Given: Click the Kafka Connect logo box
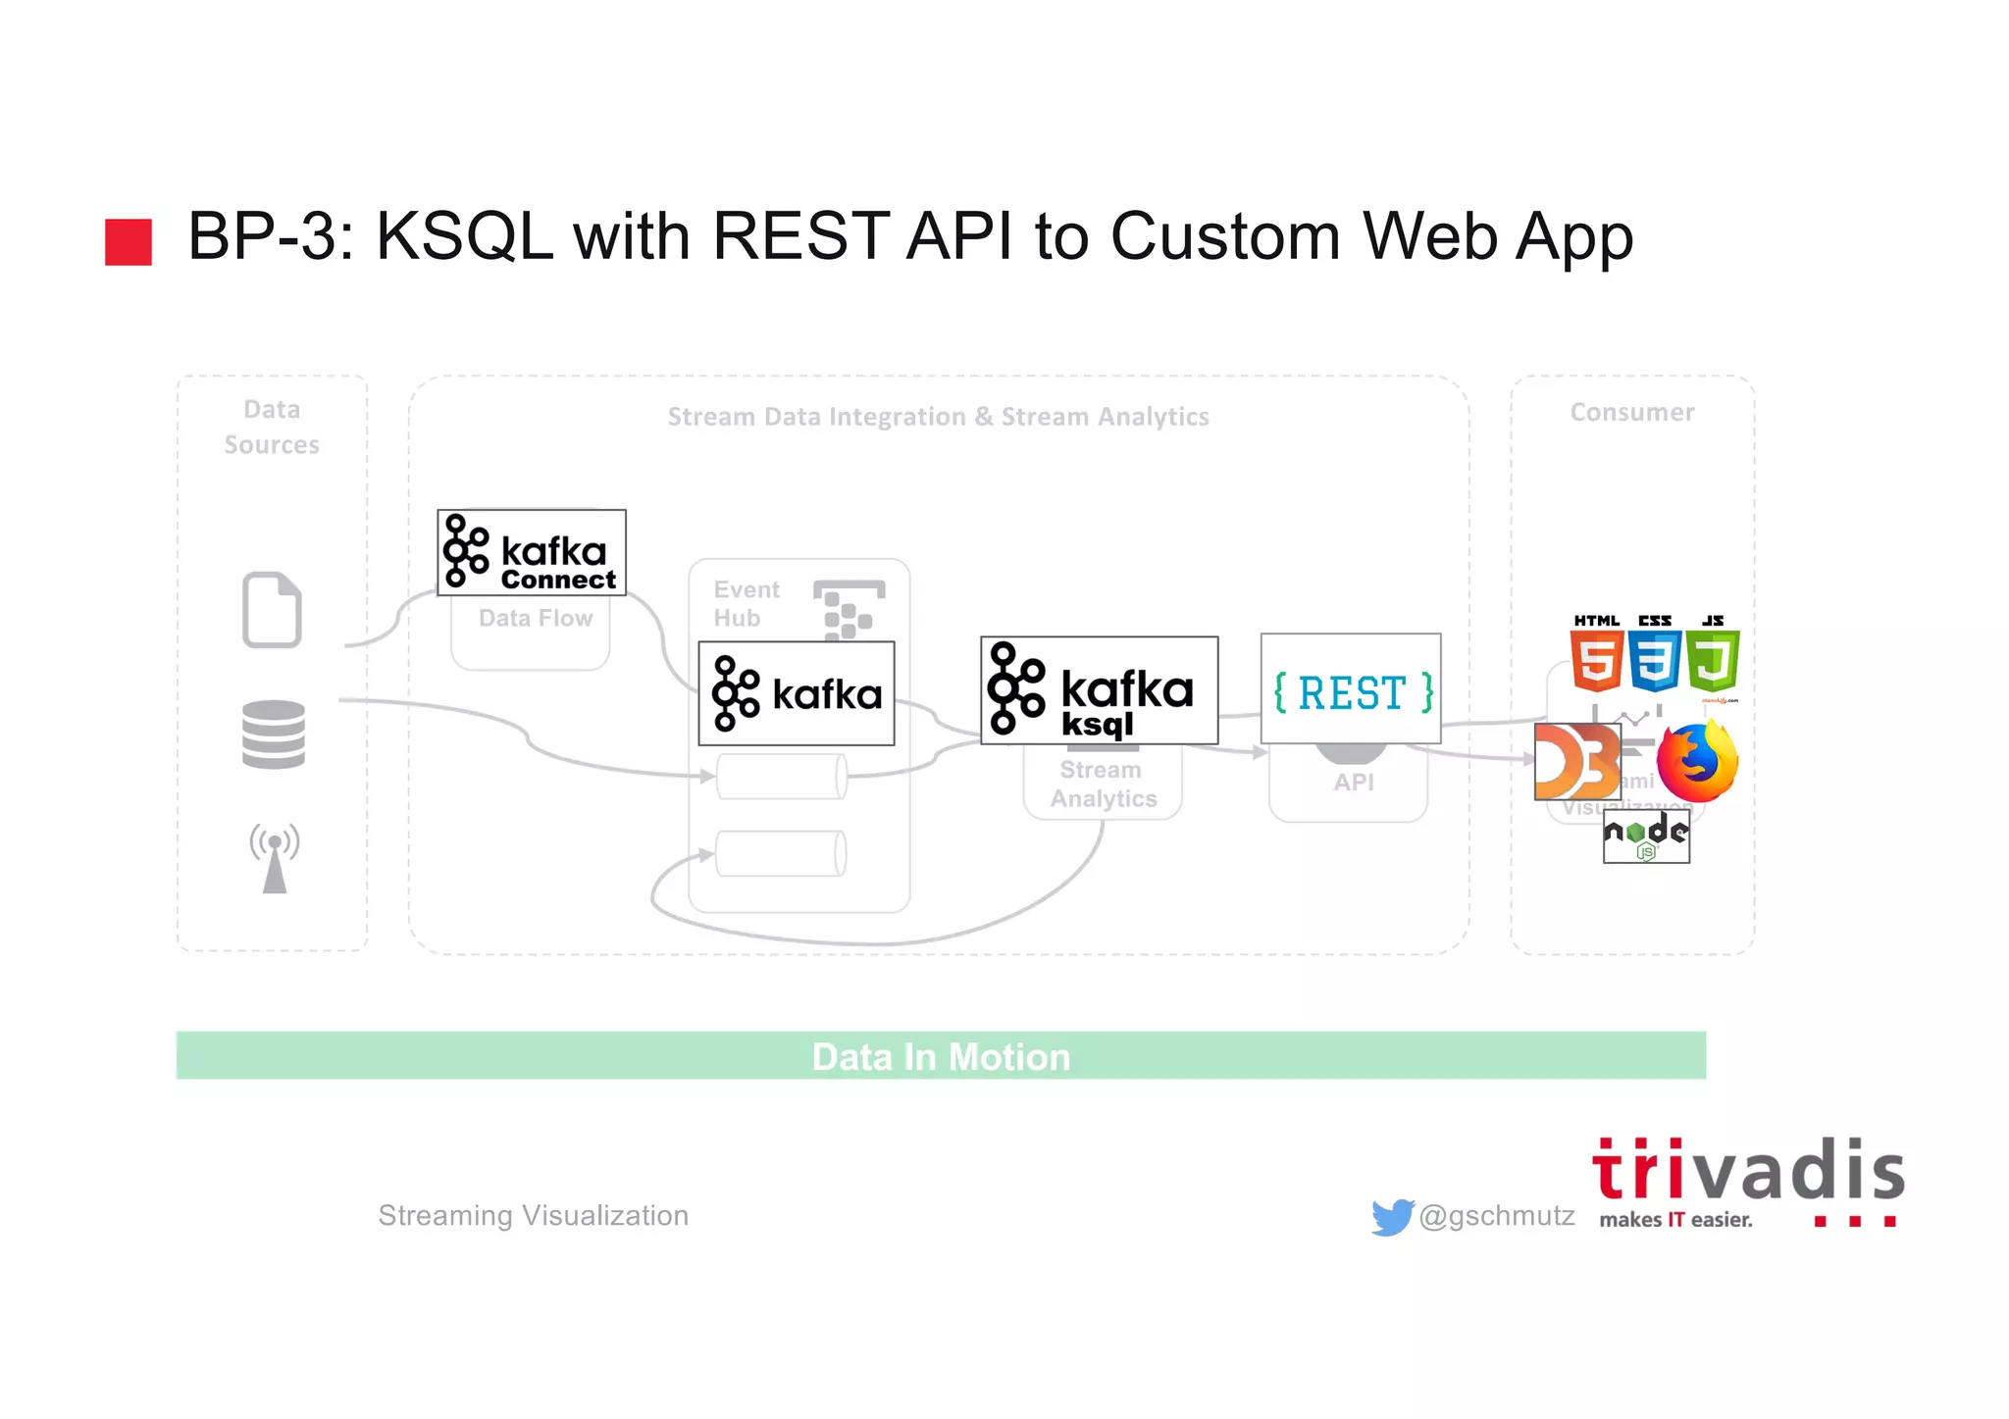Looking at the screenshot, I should coord(531,552).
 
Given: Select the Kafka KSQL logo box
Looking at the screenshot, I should coord(1099,690).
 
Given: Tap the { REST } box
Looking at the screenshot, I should coord(1350,688).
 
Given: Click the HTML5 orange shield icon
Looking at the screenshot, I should coord(1595,659).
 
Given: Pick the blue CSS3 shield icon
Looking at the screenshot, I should coord(1654,659).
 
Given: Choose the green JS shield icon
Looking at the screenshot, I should coord(1713,659).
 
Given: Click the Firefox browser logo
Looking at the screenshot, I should coord(1697,762).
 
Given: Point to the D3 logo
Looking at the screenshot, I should coord(1576,762).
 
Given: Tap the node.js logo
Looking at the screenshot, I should coord(1645,836).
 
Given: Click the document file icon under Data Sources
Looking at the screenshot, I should coord(272,609).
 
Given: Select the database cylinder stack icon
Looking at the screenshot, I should coord(273,735).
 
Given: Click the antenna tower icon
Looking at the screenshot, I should coord(275,857).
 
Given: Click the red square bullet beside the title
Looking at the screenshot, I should coord(129,241).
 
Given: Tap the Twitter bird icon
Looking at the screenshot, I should coord(1392,1217).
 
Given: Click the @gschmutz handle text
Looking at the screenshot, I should coord(1496,1216).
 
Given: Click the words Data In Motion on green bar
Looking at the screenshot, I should coord(940,1056).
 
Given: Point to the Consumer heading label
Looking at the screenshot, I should coord(1631,412).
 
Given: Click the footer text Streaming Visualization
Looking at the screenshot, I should coord(533,1216).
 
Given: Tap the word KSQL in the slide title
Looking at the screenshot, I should coord(464,236).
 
